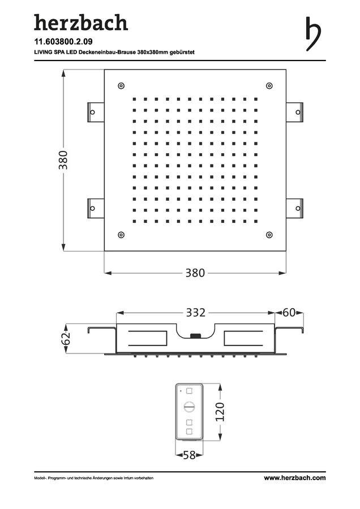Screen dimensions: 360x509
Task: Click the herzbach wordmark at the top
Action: [81, 23]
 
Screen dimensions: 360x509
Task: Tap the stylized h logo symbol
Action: [313, 34]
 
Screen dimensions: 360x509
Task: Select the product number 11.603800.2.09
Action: [63, 41]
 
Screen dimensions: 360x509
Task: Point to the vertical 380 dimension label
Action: [63, 160]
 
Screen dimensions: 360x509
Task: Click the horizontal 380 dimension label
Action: [195, 273]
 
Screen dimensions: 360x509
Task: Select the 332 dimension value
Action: [196, 313]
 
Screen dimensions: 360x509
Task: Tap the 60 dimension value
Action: [289, 312]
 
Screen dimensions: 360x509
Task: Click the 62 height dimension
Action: [66, 339]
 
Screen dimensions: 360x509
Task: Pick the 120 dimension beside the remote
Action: [220, 412]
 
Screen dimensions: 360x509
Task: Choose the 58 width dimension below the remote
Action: [189, 455]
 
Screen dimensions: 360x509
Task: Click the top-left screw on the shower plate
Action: [121, 86]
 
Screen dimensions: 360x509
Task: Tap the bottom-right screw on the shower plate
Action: [269, 235]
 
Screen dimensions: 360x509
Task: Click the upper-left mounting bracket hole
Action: [93, 113]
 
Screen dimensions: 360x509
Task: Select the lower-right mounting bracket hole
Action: [298, 208]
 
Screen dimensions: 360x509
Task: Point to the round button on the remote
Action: [189, 406]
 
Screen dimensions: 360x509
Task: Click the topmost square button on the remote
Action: [189, 390]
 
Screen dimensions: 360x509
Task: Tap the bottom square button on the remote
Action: [189, 432]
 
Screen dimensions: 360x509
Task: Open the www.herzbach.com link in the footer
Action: [295, 477]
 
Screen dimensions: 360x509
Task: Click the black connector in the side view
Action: [195, 336]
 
